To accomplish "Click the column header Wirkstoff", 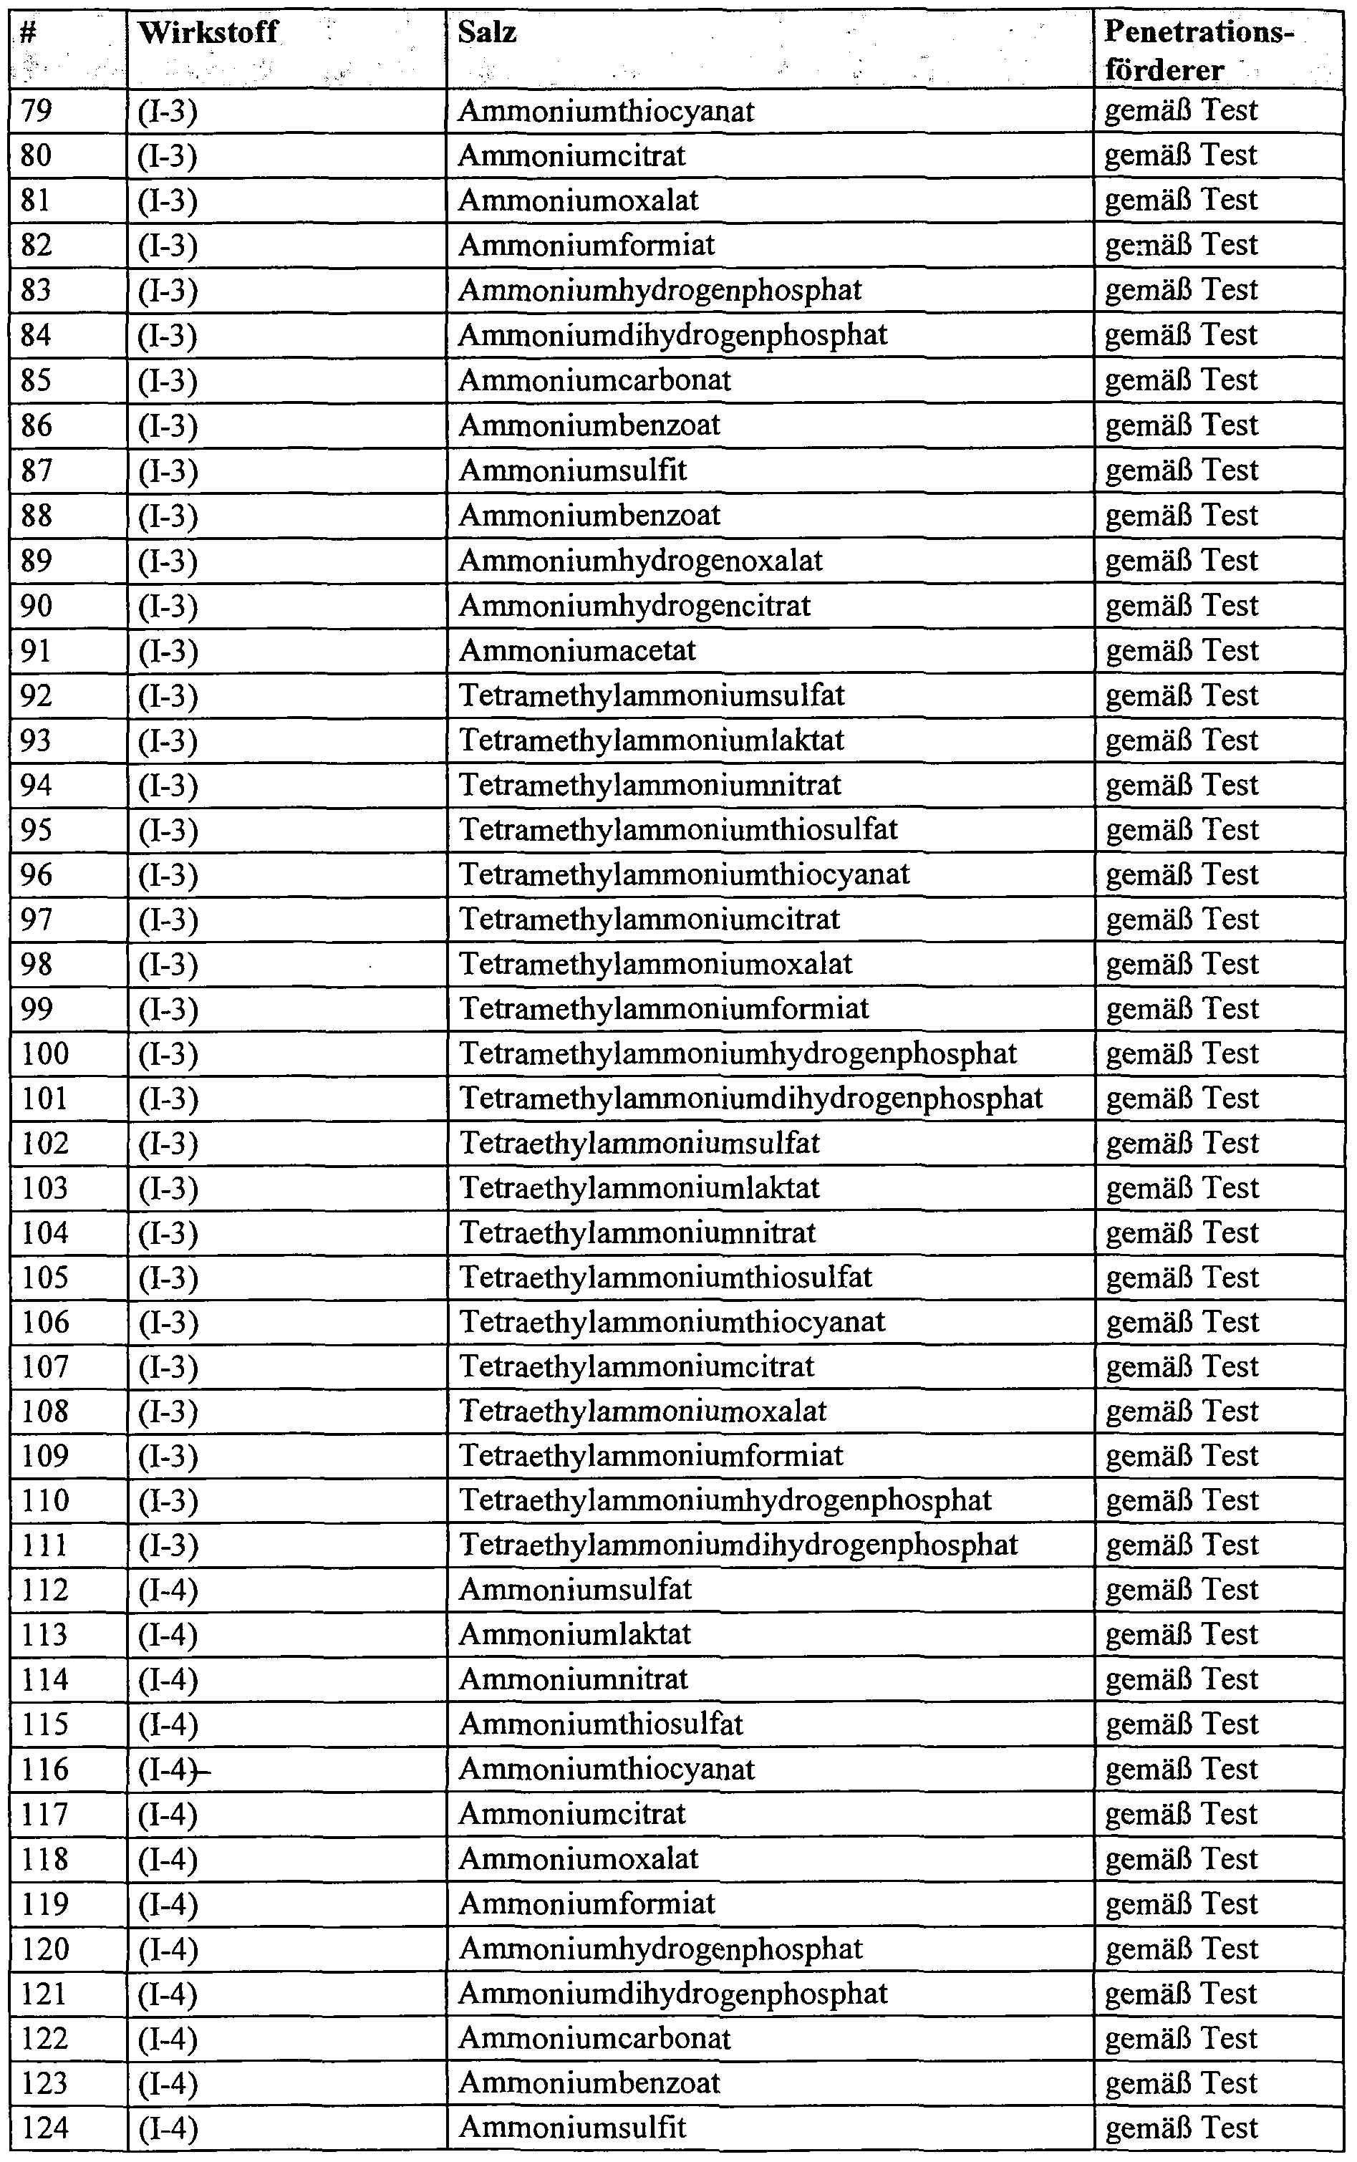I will point(208,33).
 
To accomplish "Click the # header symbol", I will point(28,33).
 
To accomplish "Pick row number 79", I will point(36,111).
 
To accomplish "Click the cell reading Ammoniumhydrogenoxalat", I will point(641,561).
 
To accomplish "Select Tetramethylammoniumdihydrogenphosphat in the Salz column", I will point(751,1099).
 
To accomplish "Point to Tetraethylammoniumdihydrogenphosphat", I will point(738,1545).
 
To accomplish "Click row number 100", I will point(45,1053).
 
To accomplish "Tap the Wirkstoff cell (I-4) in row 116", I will point(168,1769).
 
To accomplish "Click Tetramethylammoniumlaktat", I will point(652,740).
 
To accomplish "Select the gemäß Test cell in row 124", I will point(1181,2128).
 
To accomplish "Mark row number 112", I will point(45,1589).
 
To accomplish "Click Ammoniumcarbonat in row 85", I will point(594,380).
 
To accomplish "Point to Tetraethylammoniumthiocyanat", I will point(672,1322).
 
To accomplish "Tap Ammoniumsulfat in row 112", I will point(575,1589).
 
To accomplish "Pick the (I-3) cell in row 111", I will point(168,1545).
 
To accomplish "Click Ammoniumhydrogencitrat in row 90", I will point(634,606).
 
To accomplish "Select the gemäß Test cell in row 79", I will point(1181,111).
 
